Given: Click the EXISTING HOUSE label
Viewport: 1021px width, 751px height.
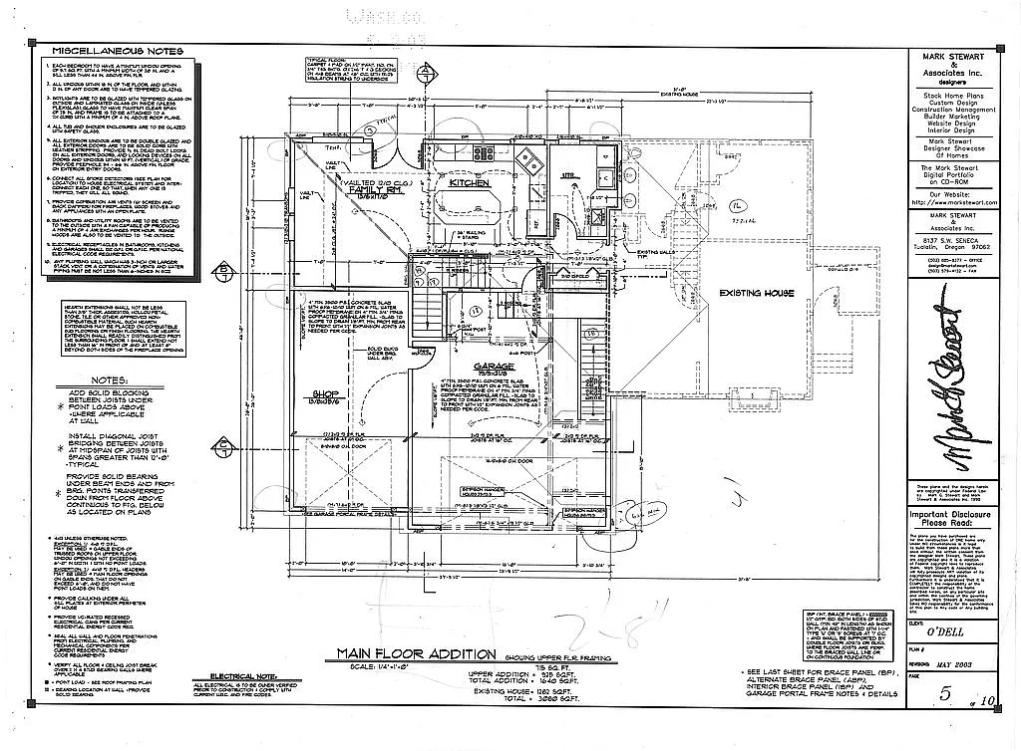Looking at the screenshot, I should (x=758, y=294).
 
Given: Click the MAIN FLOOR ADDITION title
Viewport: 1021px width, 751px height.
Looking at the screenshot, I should (x=415, y=654).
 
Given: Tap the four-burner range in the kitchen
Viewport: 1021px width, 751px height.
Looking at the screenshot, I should (x=488, y=153).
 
